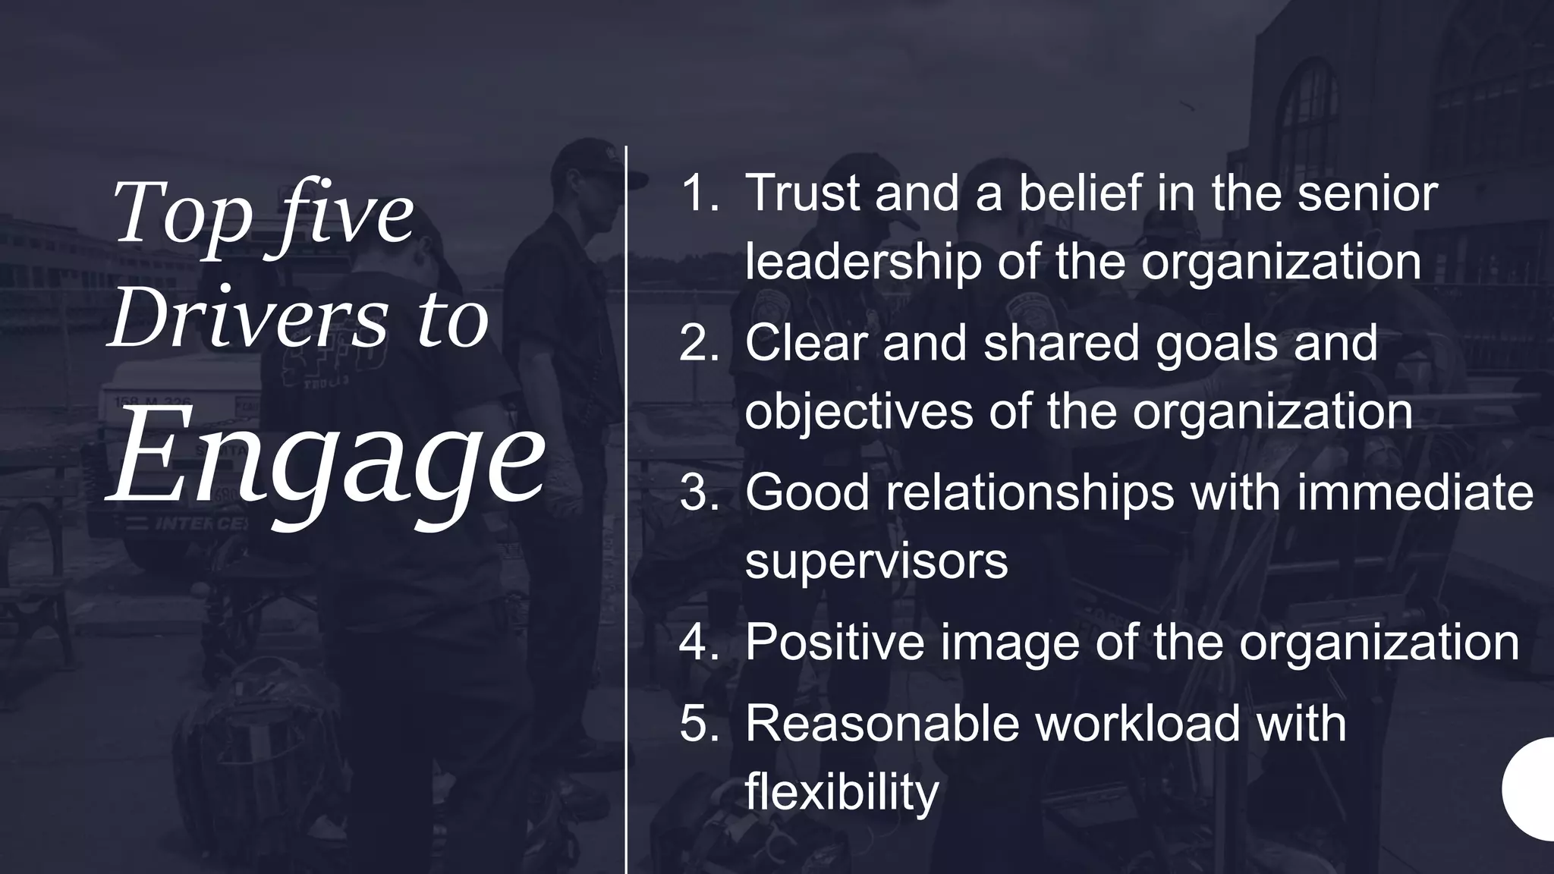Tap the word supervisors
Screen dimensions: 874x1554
pyautogui.click(x=876, y=562)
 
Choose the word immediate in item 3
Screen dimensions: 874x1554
pyautogui.click(x=1415, y=492)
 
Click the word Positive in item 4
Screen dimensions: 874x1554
pyautogui.click(x=834, y=642)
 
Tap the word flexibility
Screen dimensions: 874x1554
pyautogui.click(x=841, y=791)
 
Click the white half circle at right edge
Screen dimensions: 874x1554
pyautogui.click(x=1531, y=789)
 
